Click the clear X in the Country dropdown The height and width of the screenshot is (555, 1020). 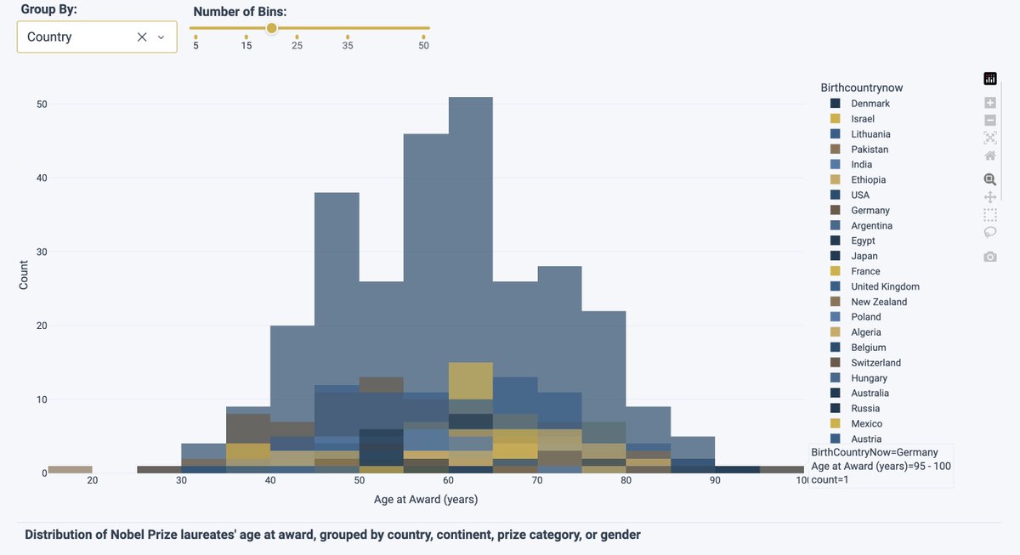point(142,37)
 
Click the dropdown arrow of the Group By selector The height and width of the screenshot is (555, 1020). point(161,37)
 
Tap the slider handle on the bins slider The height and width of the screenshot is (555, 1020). point(271,28)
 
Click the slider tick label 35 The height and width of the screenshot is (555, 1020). point(348,45)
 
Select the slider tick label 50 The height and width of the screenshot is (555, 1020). point(423,45)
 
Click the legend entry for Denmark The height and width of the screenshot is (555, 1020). point(870,104)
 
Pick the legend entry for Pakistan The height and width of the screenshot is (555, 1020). point(870,150)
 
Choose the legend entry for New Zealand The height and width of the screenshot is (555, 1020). point(878,302)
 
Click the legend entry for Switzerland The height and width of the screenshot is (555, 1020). point(875,363)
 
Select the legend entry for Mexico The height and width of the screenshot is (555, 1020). point(866,423)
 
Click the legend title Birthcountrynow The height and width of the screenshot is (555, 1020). point(861,88)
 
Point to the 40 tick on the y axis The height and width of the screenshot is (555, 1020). point(41,178)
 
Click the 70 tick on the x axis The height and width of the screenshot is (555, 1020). point(537,481)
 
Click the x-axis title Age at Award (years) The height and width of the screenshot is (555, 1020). point(426,500)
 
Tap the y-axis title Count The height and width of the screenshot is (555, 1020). point(24,275)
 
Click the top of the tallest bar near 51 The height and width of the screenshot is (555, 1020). point(470,99)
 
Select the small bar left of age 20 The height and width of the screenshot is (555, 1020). point(70,469)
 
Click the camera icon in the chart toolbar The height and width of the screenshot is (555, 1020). point(989,257)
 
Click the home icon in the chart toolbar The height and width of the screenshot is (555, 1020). point(989,156)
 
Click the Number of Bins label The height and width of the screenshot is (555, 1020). point(240,12)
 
